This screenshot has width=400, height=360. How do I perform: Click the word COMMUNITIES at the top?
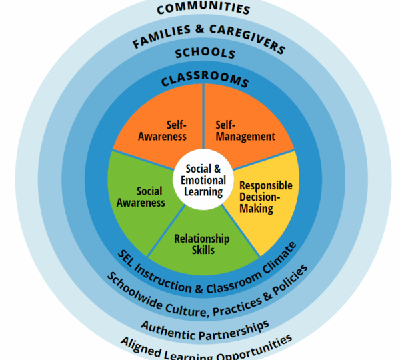point(203,9)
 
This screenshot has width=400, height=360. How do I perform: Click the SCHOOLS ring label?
point(204,53)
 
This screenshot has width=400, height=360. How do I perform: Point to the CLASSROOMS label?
point(204,81)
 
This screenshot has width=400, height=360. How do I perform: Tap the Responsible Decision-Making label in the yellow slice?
point(265,197)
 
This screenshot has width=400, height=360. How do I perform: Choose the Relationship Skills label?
point(201,244)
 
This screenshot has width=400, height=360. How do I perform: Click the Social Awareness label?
point(145,197)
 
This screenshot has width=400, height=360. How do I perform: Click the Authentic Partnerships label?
point(205,326)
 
